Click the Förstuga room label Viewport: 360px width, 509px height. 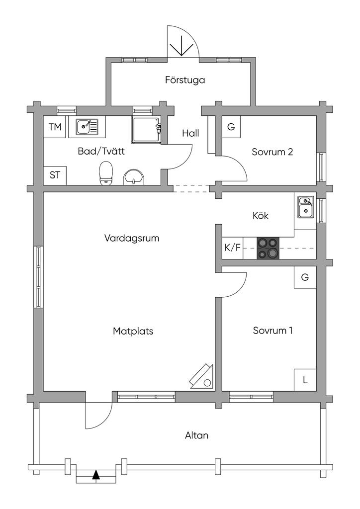coord(185,80)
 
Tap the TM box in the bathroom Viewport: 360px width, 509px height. coord(55,127)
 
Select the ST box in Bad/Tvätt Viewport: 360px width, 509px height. coord(55,175)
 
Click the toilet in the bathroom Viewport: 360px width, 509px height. coord(106,173)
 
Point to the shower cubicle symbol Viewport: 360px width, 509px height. coord(147,129)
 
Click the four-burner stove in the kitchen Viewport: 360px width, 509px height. coord(268,249)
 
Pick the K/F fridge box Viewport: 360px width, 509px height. coord(232,249)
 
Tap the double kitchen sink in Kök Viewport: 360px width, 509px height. coord(306,207)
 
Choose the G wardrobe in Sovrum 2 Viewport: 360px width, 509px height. coord(231,127)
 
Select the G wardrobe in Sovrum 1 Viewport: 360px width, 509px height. coord(305,277)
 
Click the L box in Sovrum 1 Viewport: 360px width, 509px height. coord(305,380)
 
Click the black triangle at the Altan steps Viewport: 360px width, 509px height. coord(96,475)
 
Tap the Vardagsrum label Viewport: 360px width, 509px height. coord(132,238)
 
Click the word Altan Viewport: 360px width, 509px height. coord(197,435)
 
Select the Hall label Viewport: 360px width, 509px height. coord(190,133)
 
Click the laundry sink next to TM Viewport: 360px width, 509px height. coord(87,127)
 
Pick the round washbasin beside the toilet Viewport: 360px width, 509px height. coord(134,177)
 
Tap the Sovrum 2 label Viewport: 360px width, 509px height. coord(272,152)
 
